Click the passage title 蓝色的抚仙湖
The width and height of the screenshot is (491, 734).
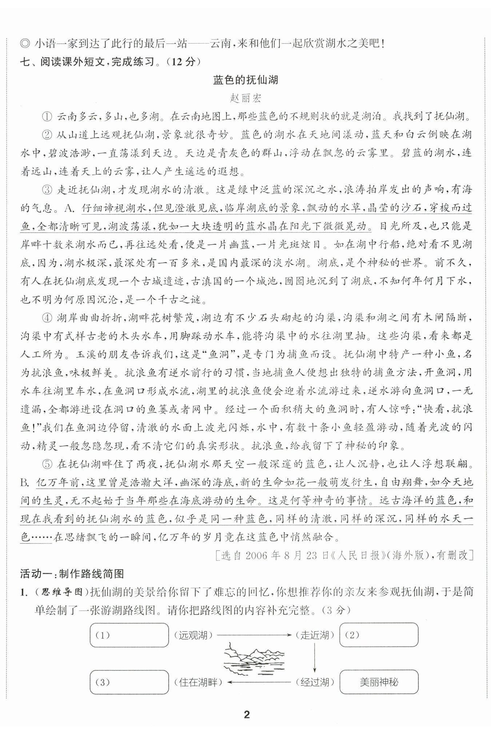pos(245,80)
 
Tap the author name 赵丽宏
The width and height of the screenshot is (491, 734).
pos(245,98)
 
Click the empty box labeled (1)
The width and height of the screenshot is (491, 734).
pos(129,635)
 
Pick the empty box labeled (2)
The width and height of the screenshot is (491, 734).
pos(379,635)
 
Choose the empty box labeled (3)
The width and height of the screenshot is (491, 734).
pos(129,682)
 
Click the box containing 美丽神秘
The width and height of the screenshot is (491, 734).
pos(379,682)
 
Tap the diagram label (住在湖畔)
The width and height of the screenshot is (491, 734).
pos(198,682)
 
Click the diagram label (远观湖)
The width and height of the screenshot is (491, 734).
pos(193,635)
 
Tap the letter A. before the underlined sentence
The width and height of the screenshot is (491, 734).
pos(69,208)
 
